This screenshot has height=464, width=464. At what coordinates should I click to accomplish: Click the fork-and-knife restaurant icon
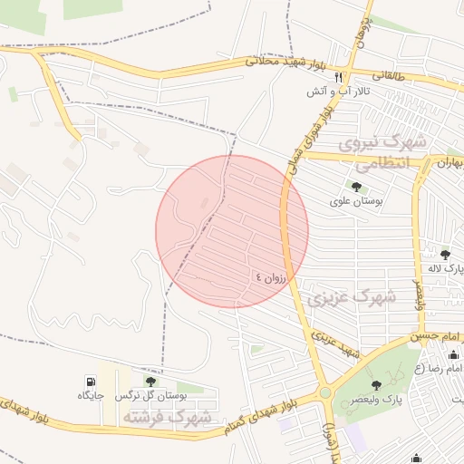pos(339,78)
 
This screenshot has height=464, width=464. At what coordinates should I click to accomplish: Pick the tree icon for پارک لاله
pos(444,255)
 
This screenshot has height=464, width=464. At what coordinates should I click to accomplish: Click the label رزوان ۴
pos(270,277)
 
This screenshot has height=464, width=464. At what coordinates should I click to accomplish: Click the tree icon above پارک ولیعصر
pos(401,385)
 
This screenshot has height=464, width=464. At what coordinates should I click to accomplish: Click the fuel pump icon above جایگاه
pos(91,382)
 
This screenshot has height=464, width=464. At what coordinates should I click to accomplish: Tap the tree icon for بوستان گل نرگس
pos(150,382)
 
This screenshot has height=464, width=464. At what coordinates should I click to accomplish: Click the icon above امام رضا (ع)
pos(453,355)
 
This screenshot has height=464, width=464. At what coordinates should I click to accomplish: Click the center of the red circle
pos(232,231)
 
